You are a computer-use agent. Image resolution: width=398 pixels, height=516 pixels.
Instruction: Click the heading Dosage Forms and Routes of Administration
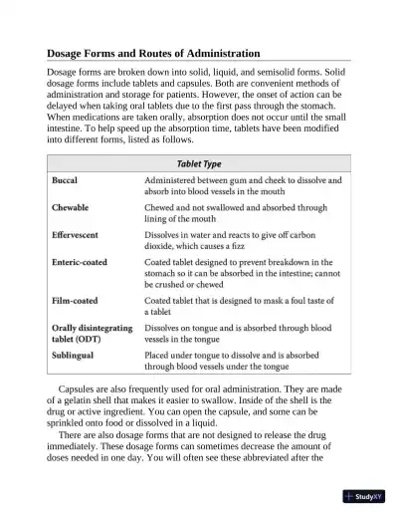tap(139, 53)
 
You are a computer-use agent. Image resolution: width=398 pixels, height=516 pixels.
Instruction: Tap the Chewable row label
tap(71, 208)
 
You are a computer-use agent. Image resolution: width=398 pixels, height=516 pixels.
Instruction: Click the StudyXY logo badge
tap(368, 495)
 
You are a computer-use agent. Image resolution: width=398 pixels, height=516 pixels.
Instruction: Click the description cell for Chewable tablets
tap(235, 213)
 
